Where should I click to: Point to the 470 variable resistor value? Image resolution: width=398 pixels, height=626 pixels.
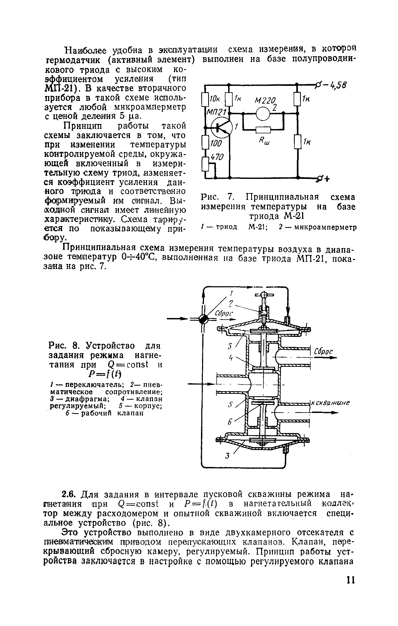click(217, 157)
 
